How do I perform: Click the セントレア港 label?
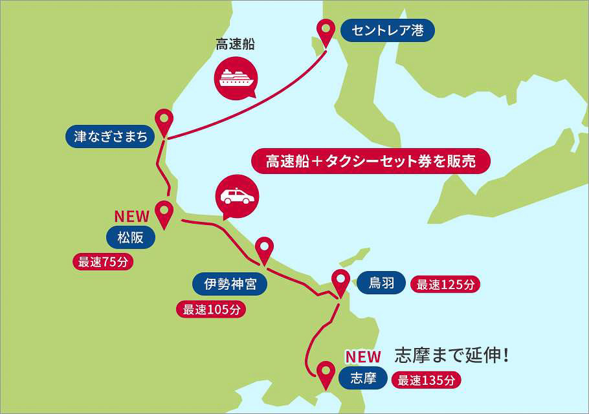[x=387, y=30]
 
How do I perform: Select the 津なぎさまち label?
[x=111, y=136]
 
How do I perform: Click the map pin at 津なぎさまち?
[x=164, y=121]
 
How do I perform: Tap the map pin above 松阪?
[x=164, y=212]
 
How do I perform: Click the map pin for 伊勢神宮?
[x=264, y=249]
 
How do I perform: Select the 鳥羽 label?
[x=381, y=282]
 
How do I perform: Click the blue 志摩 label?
[x=362, y=378]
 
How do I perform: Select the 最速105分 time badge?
[x=211, y=309]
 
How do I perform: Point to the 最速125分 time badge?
[x=445, y=284]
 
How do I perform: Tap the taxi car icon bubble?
[x=236, y=195]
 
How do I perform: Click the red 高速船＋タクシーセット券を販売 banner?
[x=371, y=161]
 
